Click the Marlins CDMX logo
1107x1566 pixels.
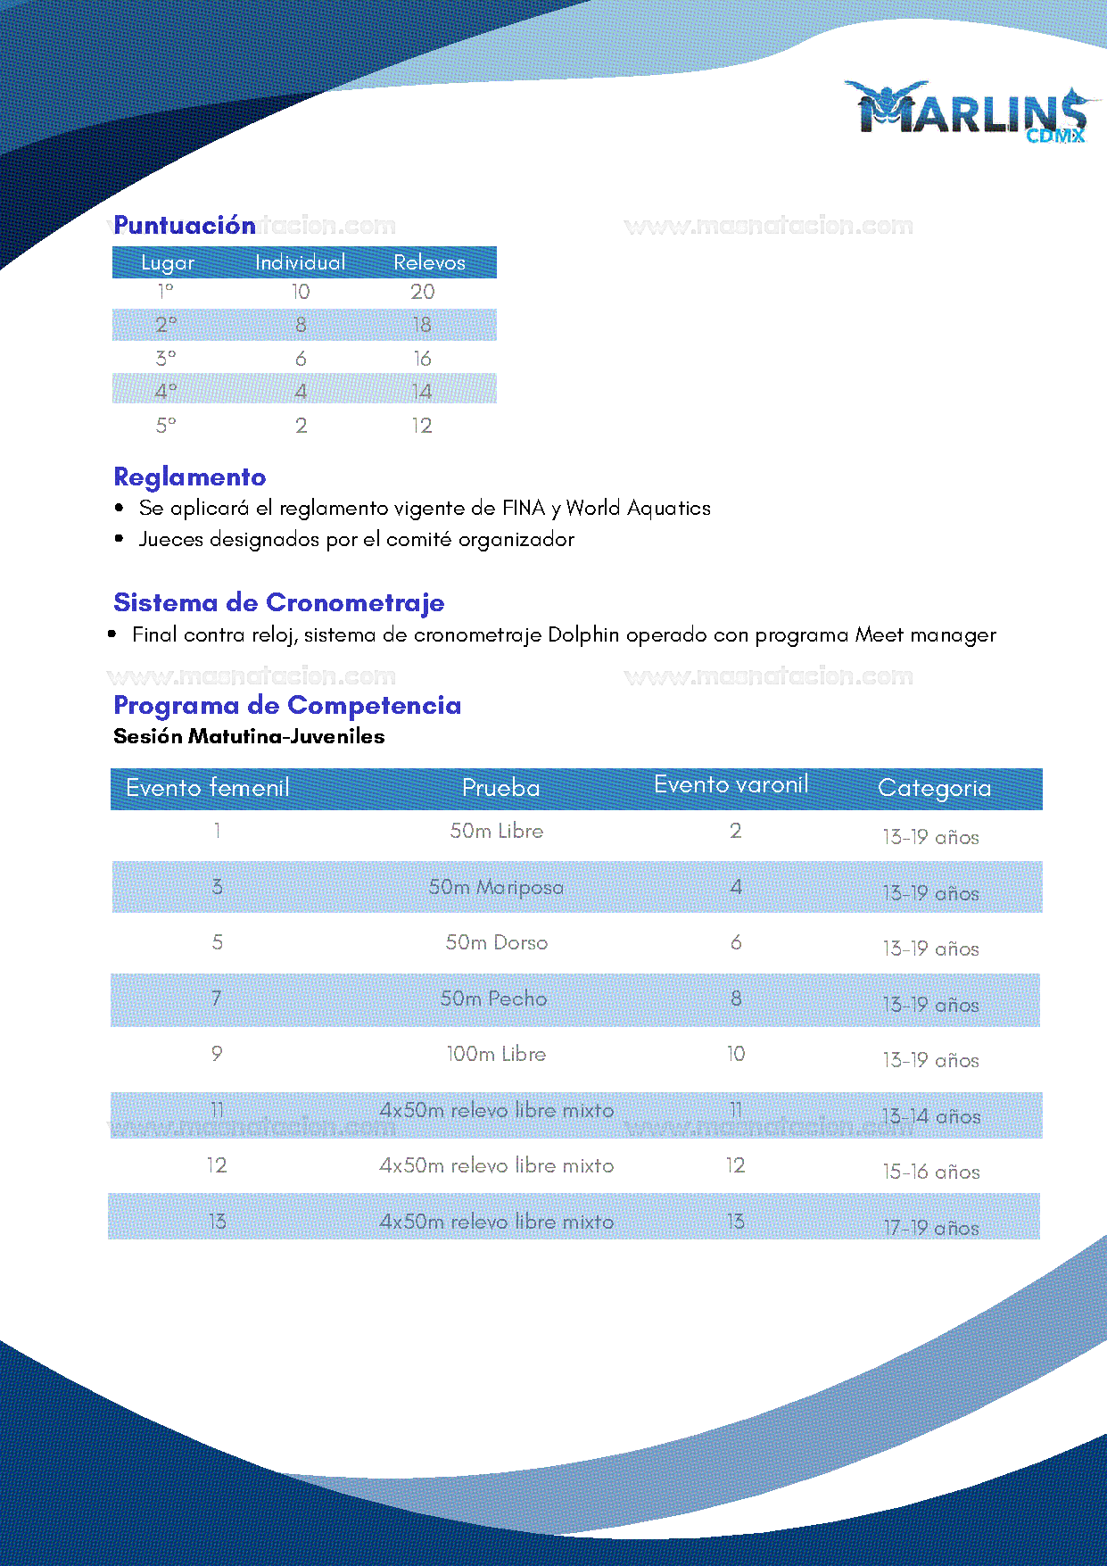(971, 112)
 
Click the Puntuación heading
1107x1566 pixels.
(185, 225)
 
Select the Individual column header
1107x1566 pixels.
(300, 262)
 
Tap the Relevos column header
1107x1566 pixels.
(429, 262)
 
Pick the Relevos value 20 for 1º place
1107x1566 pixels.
(422, 292)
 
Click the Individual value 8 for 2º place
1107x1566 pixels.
(301, 325)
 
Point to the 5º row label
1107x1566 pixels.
(166, 426)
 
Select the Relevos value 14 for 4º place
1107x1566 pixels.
(422, 392)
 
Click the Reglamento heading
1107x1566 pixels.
(190, 476)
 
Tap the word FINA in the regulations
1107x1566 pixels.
(523, 508)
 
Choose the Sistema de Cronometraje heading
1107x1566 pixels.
(278, 602)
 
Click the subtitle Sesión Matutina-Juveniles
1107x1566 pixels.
(249, 736)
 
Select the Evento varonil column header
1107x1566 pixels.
(731, 784)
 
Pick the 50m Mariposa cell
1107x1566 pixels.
(496, 887)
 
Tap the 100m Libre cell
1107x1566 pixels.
(496, 1054)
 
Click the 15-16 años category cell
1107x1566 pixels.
(930, 1172)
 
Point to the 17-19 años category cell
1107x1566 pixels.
(930, 1228)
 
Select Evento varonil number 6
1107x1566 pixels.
(736, 942)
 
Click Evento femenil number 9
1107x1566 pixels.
(217, 1054)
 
